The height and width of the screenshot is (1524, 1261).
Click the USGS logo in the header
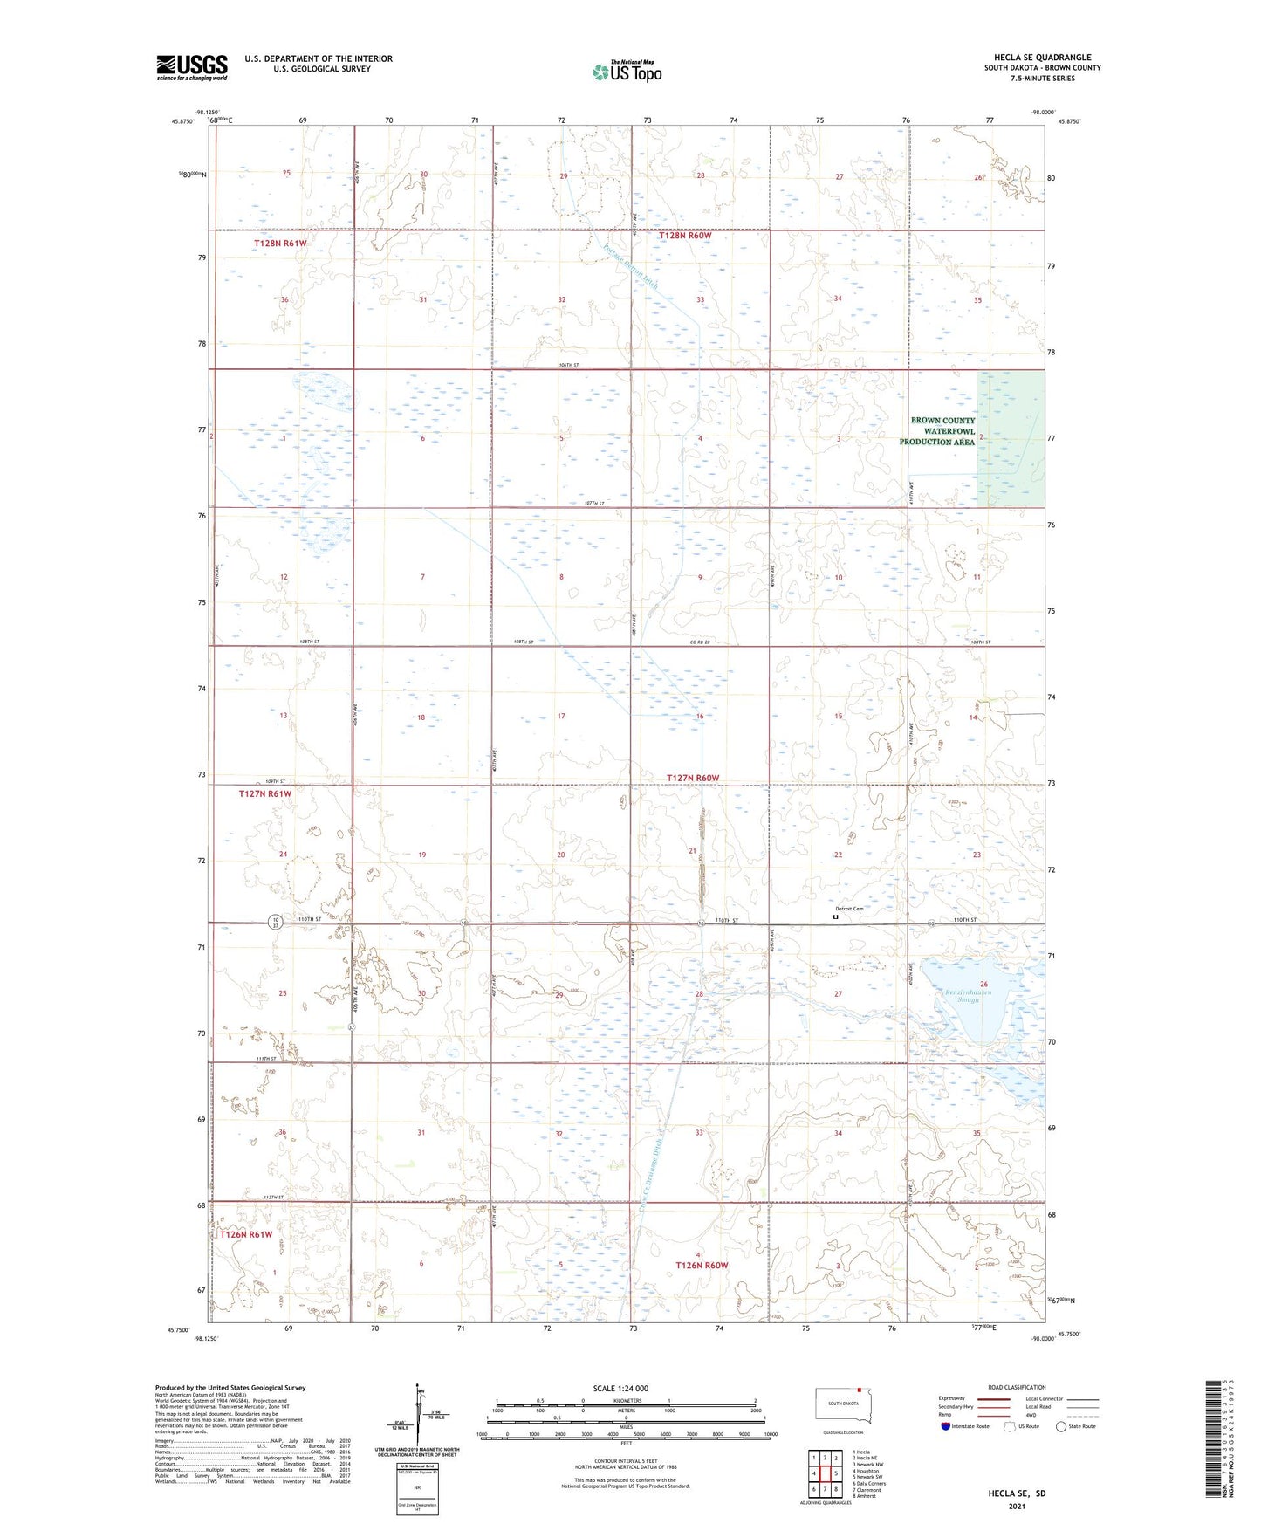tap(191, 67)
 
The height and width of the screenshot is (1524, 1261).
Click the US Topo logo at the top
tap(627, 72)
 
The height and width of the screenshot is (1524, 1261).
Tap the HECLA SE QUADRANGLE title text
tap(1042, 58)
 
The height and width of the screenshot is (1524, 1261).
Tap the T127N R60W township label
tap(693, 778)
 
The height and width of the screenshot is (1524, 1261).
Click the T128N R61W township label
tap(280, 243)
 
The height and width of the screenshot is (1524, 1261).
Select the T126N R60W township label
tap(701, 1265)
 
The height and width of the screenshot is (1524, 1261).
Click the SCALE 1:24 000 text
tap(620, 1388)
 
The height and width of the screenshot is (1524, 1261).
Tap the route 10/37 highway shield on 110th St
tap(275, 923)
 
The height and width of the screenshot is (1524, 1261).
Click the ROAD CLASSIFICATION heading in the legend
tap(1016, 1387)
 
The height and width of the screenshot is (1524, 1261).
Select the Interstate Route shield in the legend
tap(947, 1426)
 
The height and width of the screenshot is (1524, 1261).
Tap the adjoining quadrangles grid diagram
tap(824, 1473)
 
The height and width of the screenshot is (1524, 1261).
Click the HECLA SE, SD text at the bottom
tap(1017, 1493)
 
